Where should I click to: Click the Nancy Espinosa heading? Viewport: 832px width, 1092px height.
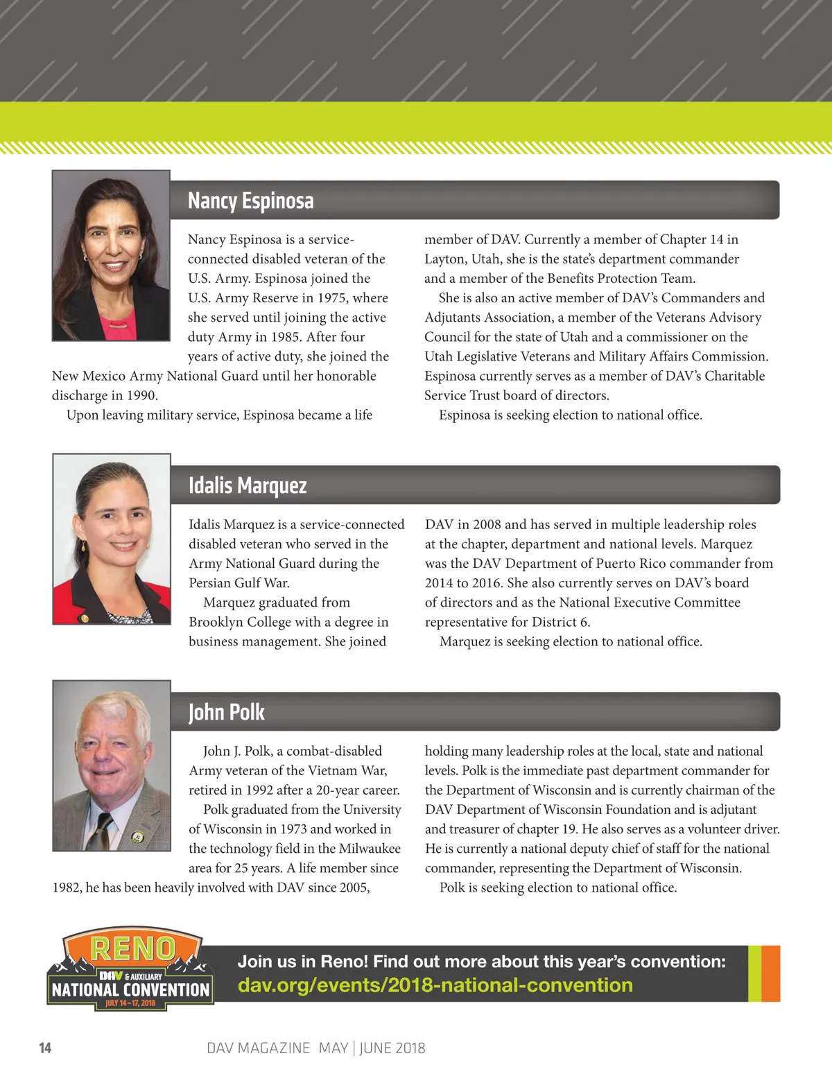click(x=250, y=201)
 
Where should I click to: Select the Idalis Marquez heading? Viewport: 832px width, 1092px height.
click(x=248, y=485)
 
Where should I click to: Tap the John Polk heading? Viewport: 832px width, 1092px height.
click(x=226, y=712)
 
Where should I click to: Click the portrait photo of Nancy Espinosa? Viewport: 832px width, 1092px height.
click(x=111, y=255)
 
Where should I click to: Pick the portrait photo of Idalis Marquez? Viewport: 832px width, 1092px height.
click(x=112, y=539)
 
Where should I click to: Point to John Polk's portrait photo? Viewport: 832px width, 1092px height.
click(x=112, y=765)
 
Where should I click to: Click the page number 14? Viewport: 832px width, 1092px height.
click(x=45, y=1048)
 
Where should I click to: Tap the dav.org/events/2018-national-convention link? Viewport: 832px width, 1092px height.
click(x=435, y=985)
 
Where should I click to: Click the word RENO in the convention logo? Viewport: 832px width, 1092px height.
click(x=132, y=949)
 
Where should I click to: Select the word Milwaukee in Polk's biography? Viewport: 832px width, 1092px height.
click(x=370, y=849)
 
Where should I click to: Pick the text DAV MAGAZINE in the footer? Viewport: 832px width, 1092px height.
click(x=258, y=1048)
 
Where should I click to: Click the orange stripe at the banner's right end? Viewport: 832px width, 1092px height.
click(x=771, y=973)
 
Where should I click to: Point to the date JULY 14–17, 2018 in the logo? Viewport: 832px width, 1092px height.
click(x=130, y=1003)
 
